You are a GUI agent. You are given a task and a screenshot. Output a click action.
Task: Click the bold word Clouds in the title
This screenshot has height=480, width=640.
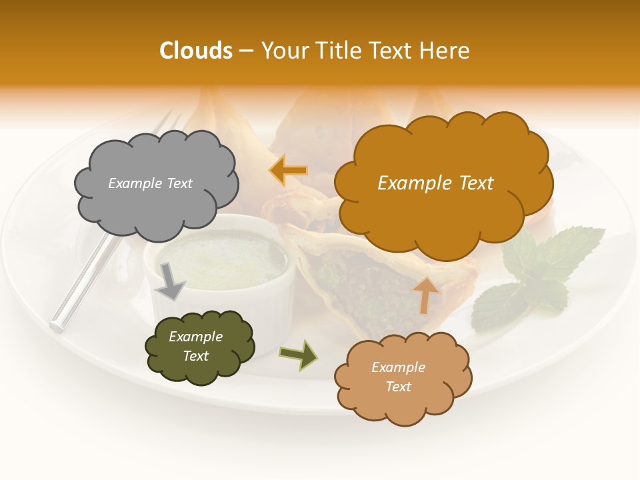pos(197,51)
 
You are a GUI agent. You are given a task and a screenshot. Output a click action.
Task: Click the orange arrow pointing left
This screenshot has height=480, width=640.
pos(289,171)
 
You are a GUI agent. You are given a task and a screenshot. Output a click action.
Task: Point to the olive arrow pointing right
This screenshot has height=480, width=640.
pos(299,355)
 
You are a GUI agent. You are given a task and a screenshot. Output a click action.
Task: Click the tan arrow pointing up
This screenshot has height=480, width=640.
pos(426,295)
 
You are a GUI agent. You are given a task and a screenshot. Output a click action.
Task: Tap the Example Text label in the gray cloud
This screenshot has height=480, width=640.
pos(150,183)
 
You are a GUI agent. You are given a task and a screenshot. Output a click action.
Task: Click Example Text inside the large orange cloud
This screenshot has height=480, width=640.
pos(435,183)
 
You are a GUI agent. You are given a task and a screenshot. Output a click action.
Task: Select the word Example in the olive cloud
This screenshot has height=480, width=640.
pos(195,337)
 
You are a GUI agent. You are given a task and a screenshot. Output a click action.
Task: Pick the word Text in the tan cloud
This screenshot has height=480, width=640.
pos(399,387)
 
